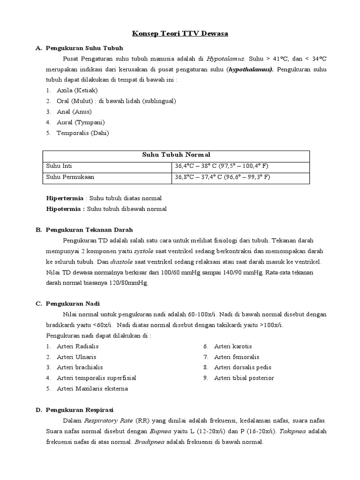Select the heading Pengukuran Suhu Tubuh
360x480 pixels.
click(85, 48)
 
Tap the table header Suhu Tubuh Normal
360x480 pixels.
click(176, 155)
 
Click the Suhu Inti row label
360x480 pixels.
click(59, 166)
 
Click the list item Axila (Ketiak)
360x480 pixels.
click(77, 90)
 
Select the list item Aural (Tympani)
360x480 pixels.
click(81, 122)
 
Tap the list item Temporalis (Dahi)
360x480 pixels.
click(82, 133)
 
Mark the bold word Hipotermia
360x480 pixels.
click(63, 209)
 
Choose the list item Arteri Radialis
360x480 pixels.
click(77, 346)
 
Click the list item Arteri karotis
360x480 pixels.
click(233, 346)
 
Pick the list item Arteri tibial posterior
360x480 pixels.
click(244, 378)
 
